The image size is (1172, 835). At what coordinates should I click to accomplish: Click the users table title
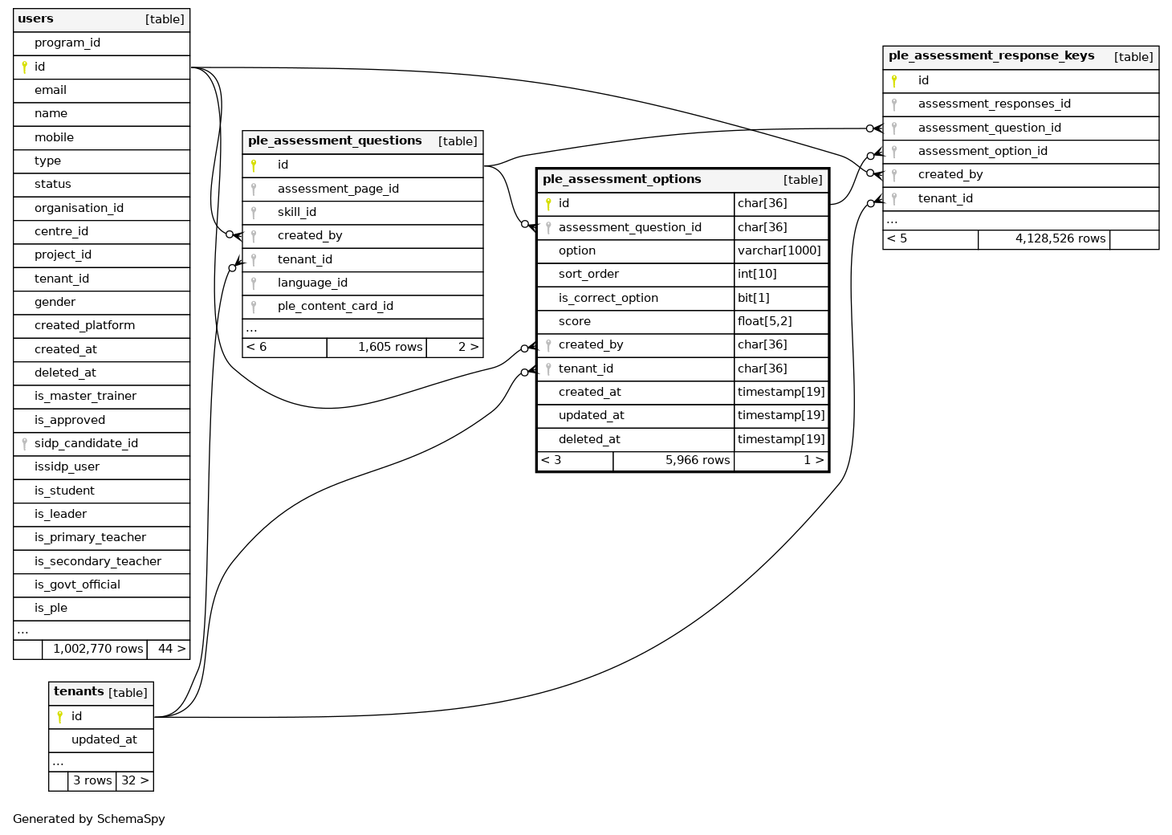[x=36, y=19]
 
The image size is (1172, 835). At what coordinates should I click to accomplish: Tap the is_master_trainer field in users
[x=85, y=396]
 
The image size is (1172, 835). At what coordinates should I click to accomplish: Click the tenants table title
[x=79, y=692]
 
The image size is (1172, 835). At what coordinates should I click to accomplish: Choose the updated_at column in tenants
[x=104, y=739]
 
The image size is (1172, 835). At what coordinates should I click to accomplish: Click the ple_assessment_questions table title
[x=335, y=141]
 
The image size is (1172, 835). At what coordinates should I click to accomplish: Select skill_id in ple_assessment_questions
[x=297, y=212]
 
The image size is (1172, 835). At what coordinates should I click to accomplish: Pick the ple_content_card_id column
[x=335, y=306]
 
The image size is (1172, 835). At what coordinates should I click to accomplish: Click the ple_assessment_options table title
[x=622, y=180]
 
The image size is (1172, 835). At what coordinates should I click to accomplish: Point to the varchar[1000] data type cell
[x=779, y=250]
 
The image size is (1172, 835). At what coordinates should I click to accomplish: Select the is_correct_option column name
[x=608, y=298]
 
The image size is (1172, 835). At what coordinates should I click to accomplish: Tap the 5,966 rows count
[x=698, y=460]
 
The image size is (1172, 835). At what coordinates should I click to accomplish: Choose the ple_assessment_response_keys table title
[x=991, y=56]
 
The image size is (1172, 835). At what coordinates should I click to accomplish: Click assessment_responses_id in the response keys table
[x=994, y=104]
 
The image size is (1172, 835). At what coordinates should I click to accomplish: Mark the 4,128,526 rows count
[x=1060, y=238]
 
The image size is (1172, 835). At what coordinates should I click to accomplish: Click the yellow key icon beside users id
[x=24, y=67]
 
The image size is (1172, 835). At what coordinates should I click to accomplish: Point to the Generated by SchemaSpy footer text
[x=89, y=819]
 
